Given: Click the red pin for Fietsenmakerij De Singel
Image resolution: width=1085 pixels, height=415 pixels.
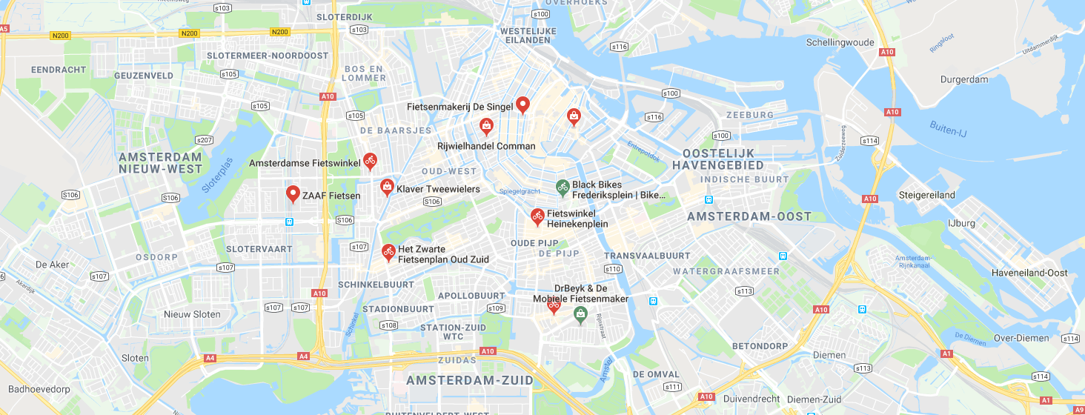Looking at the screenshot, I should tap(522, 104).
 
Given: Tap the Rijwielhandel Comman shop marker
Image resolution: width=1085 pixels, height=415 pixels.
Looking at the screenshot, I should tap(485, 127).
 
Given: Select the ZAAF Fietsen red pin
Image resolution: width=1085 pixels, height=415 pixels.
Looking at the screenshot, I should tap(293, 194).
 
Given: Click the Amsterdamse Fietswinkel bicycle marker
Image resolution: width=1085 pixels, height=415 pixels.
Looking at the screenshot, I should tap(370, 161).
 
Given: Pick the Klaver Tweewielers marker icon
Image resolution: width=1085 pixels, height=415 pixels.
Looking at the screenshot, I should tap(386, 187).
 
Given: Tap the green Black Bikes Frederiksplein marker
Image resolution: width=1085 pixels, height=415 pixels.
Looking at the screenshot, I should tap(563, 187).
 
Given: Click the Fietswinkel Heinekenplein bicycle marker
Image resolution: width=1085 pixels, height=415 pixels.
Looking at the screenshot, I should tap(537, 216).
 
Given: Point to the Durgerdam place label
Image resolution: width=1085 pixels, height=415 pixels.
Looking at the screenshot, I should tap(964, 79).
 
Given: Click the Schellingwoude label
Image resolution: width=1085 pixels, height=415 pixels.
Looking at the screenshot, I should tap(840, 42).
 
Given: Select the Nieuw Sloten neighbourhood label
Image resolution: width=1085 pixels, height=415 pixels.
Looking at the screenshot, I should tap(192, 314).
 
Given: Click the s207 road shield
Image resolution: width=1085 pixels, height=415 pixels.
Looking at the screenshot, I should tap(204, 140).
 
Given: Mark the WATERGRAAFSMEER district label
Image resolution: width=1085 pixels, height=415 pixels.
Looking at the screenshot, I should tap(726, 271).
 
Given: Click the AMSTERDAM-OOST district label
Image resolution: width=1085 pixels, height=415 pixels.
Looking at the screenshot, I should tap(749, 216).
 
